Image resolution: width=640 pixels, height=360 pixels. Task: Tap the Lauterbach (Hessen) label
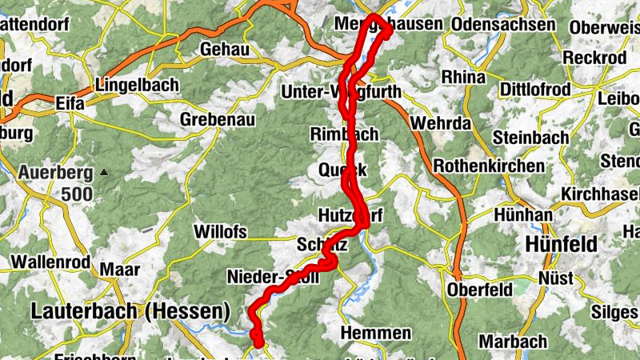[x=130, y=310]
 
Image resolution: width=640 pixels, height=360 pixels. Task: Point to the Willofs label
[x=220, y=232]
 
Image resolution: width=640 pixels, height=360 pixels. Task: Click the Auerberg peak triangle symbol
[x=104, y=171]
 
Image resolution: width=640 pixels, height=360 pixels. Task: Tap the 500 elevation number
[x=77, y=194]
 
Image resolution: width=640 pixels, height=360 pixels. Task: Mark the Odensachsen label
[x=503, y=25]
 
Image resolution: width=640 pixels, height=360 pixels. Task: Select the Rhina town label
[x=468, y=78]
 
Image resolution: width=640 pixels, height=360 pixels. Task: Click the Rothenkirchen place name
[x=489, y=167]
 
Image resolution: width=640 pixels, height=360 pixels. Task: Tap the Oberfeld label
[x=478, y=288]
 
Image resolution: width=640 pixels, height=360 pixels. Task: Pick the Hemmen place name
[x=376, y=332]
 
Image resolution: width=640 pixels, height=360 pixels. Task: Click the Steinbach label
[x=531, y=137]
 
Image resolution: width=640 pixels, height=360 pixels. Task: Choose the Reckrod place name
[x=595, y=58]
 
